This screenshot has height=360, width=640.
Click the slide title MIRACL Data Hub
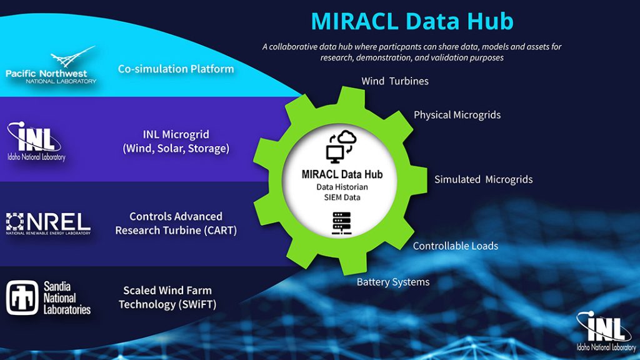412,21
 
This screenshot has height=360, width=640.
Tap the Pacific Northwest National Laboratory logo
51,65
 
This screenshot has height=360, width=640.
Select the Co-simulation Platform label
176,69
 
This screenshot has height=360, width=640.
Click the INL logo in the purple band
36,141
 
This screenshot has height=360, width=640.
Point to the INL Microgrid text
176,141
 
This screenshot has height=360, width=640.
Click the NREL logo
48,224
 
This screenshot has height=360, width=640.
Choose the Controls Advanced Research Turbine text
176,223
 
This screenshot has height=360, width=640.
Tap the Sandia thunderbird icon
22,297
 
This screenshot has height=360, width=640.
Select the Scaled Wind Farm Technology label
167,297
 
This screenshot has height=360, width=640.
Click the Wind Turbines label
395,81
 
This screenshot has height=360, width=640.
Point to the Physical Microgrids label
457,115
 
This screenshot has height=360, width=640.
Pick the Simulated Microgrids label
483,179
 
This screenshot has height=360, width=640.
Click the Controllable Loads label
456,246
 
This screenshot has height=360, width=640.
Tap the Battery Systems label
393,282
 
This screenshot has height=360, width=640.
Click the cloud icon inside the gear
346,137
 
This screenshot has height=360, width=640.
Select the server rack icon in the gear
342,223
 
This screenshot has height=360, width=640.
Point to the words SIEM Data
342,197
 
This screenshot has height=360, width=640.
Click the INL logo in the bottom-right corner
606,331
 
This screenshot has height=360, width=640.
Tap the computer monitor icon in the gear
335,154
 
